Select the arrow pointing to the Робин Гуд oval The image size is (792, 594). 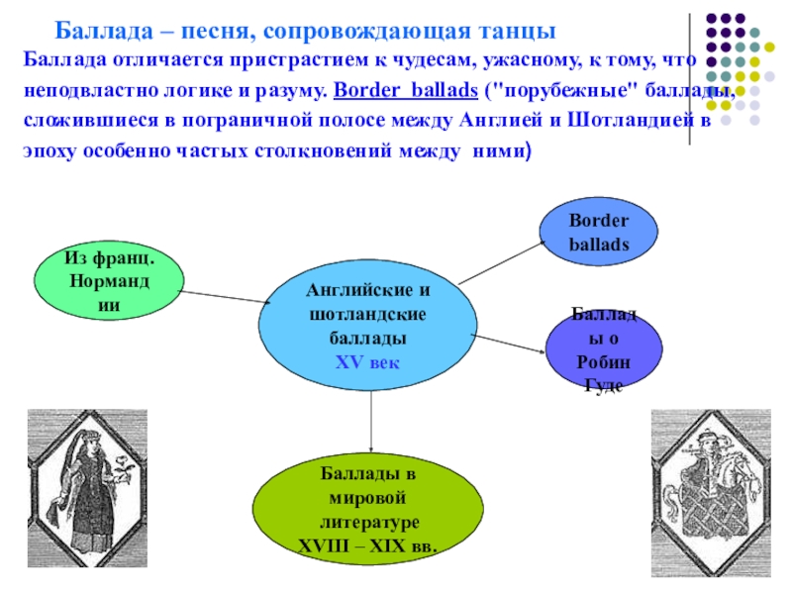click(508, 342)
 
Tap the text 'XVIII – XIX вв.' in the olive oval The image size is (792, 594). click(368, 545)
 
